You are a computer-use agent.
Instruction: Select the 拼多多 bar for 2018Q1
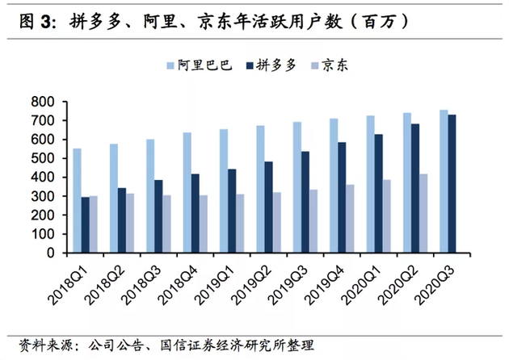[86, 225]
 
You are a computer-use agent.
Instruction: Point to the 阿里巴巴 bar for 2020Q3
[444, 181]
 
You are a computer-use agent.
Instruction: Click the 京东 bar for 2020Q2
[423, 213]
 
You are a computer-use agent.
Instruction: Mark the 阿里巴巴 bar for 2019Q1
[223, 190]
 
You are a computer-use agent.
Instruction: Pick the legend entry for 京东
[336, 65]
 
